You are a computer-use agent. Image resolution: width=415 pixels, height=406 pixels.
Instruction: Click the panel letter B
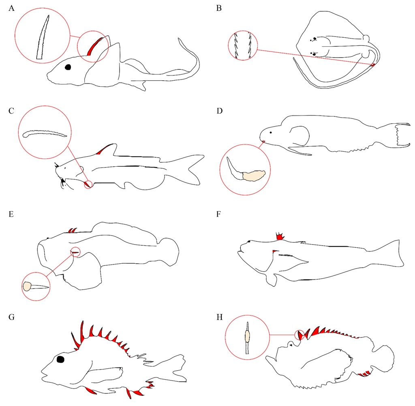pos(219,8)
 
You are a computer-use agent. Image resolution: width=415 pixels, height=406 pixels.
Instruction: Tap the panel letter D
pos(219,110)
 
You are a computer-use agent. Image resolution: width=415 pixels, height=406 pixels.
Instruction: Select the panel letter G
pos(11,317)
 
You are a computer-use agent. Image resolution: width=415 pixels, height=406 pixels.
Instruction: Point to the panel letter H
pos(219,317)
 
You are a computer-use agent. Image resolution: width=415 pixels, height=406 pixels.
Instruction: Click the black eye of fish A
pos(68,67)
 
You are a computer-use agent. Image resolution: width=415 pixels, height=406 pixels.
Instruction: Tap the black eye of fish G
pos(61,359)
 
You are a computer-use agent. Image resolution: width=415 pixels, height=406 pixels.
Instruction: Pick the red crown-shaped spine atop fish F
pos(279,236)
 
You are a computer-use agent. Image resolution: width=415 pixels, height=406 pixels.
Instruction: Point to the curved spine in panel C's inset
pos(44,133)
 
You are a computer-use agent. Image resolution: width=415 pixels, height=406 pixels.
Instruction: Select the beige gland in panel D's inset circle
pos(253,175)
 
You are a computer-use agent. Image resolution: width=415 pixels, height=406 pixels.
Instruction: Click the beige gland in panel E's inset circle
pos(28,286)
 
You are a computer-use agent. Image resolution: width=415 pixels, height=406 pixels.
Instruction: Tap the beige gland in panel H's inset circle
pos(247,336)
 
